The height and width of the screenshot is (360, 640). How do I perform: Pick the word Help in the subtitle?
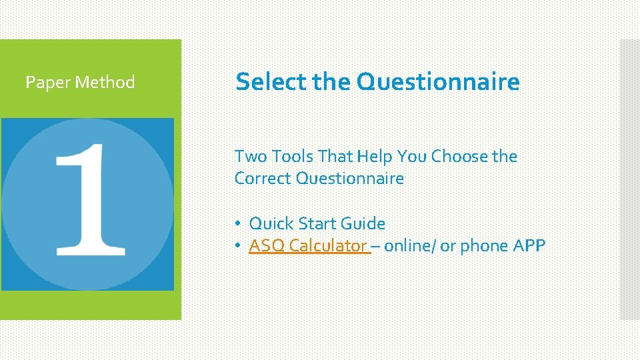tap(375, 157)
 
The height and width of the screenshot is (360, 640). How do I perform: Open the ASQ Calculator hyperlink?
tap(309, 246)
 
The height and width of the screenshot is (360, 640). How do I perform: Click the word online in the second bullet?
tap(408, 246)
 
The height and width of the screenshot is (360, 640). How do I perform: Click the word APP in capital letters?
tap(529, 246)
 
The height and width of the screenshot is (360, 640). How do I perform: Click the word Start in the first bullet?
tap(317, 223)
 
